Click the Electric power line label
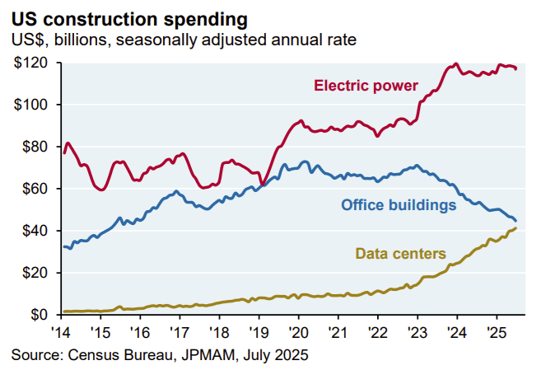click(x=366, y=85)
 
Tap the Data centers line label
click(x=400, y=253)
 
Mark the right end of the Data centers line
click(x=515, y=228)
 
